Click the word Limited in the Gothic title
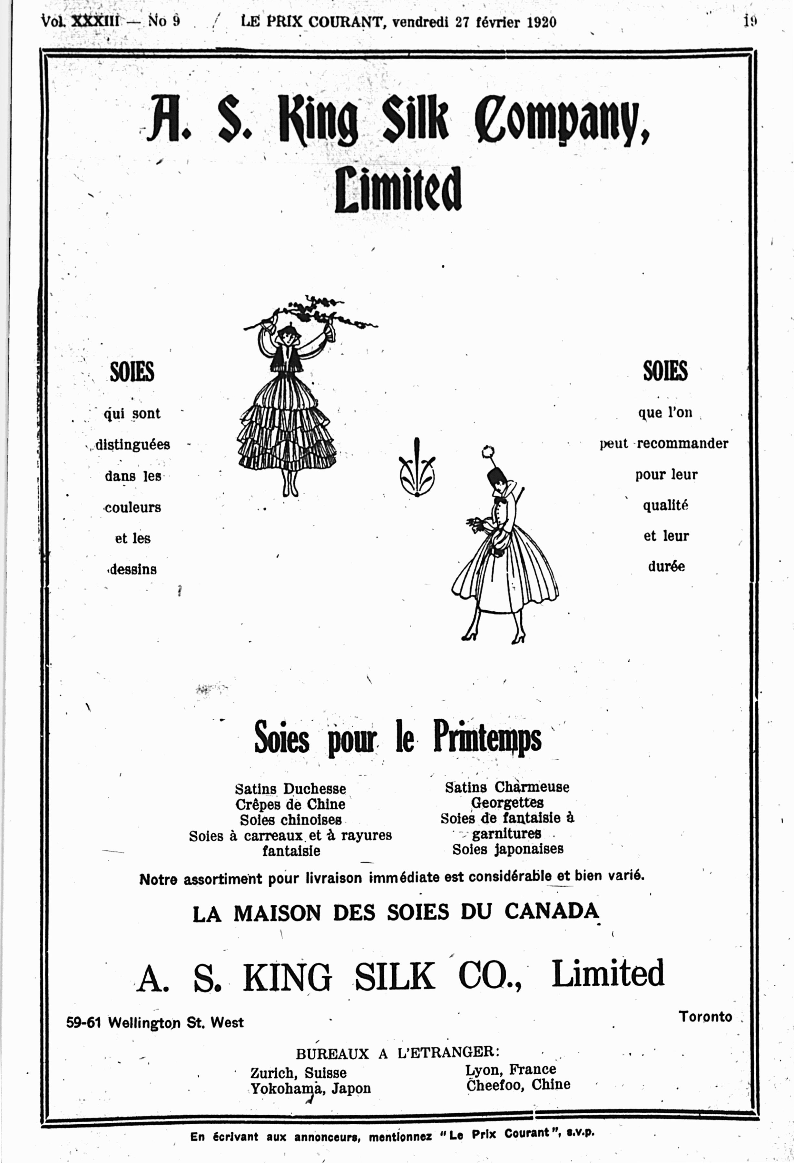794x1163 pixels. (398, 189)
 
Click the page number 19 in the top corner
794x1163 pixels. (750, 21)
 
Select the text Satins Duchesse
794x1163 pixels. (290, 789)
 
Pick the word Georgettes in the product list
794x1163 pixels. (507, 803)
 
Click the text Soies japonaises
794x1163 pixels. (508, 849)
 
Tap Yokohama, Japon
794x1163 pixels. (310, 1089)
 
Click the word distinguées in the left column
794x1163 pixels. (132, 444)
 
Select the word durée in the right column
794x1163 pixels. (666, 567)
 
